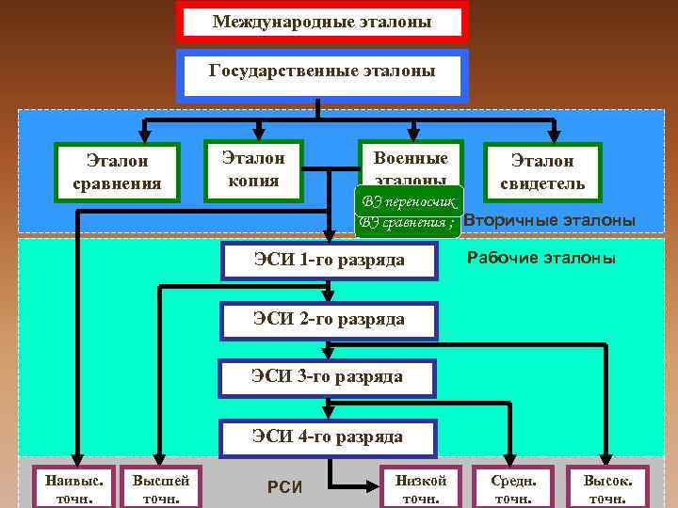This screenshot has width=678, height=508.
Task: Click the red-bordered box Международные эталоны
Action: [321, 22]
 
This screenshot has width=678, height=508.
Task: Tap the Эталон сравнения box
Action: [117, 172]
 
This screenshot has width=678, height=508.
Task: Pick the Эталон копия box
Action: [254, 168]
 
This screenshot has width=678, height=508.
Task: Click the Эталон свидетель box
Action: [542, 172]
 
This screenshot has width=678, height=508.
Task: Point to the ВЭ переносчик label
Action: [409, 201]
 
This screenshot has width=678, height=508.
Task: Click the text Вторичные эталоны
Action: [550, 220]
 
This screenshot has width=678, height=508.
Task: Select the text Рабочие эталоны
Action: [541, 258]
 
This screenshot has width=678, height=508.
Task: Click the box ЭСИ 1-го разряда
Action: [329, 260]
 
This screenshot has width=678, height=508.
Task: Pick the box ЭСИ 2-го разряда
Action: [329, 319]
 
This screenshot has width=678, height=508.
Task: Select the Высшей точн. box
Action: [161, 487]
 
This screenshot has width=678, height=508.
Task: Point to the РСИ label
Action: [284, 487]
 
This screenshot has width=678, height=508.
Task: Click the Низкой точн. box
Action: [421, 487]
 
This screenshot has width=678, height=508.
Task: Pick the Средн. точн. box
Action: [514, 487]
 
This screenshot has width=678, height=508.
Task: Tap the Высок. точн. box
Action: [607, 487]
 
